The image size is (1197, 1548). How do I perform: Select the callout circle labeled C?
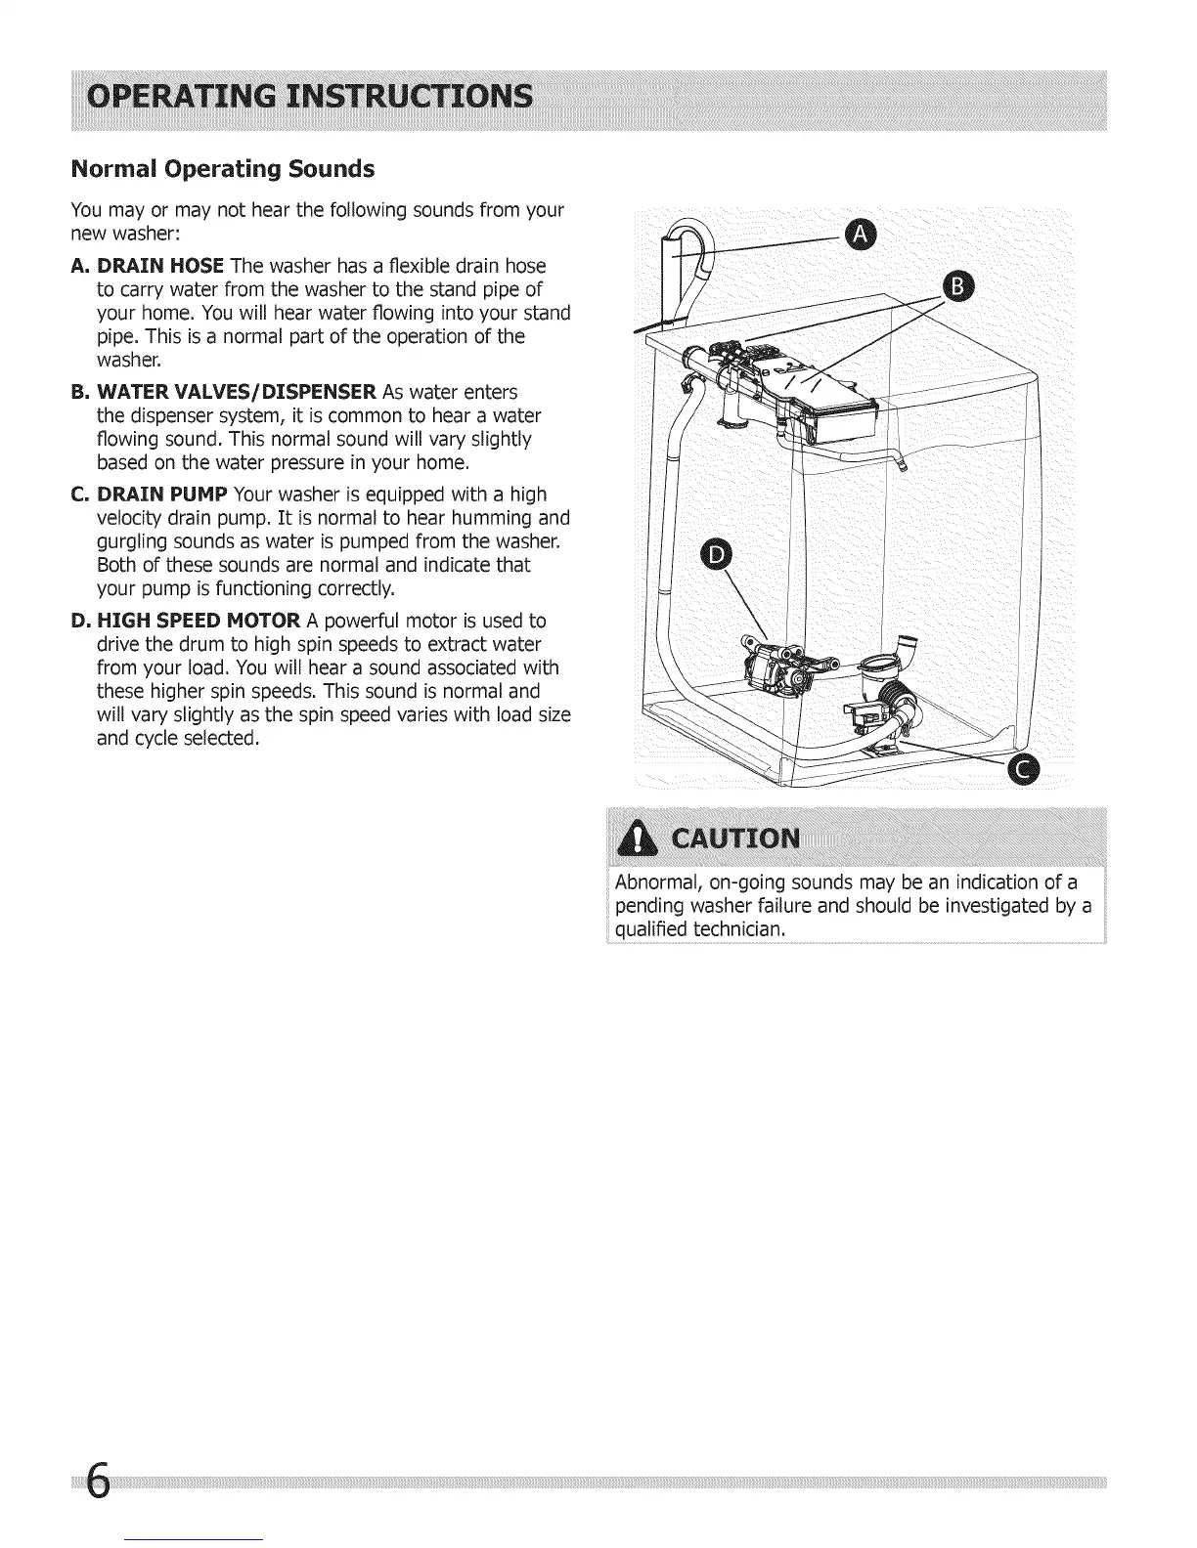coord(1024,770)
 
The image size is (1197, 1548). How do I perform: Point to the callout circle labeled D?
coord(718,554)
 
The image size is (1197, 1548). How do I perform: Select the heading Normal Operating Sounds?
coord(223,169)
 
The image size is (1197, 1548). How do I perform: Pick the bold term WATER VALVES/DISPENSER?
coord(238,392)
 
